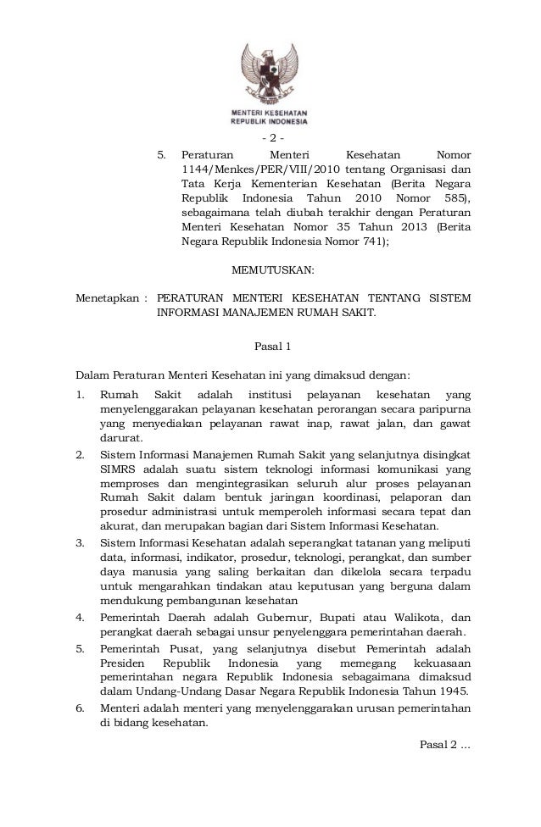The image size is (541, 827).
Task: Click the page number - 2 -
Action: point(272,138)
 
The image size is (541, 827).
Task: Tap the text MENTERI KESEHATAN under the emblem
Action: point(271,113)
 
